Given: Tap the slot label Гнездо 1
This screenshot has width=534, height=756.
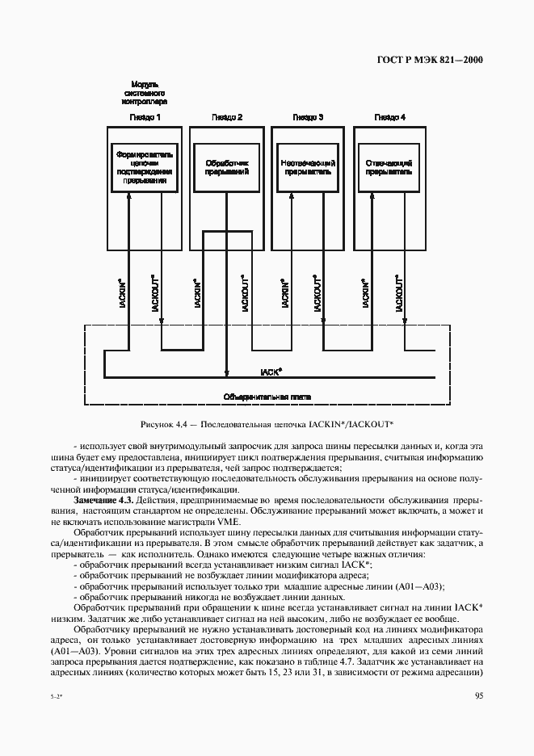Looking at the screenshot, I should tap(145, 117).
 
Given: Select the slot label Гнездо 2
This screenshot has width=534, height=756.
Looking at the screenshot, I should tap(227, 117).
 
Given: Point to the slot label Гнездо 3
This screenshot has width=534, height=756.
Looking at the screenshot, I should tap(308, 117).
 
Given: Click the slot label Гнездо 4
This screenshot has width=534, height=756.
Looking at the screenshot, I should tap(389, 117).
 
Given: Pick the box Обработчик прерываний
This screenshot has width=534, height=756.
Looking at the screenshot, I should tap(227, 166).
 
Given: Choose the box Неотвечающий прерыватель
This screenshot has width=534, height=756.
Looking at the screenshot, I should tap(308, 166).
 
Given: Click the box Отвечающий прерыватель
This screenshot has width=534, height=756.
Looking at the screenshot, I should tap(389, 166).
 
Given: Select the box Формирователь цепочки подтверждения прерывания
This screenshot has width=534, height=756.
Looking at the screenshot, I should tap(145, 166).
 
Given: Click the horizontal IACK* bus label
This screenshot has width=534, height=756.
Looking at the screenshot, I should tap(271, 372).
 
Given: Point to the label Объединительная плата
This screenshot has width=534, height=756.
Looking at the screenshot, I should tap(267, 397).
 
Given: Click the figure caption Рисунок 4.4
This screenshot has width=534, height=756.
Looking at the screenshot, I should tap(267, 423).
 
